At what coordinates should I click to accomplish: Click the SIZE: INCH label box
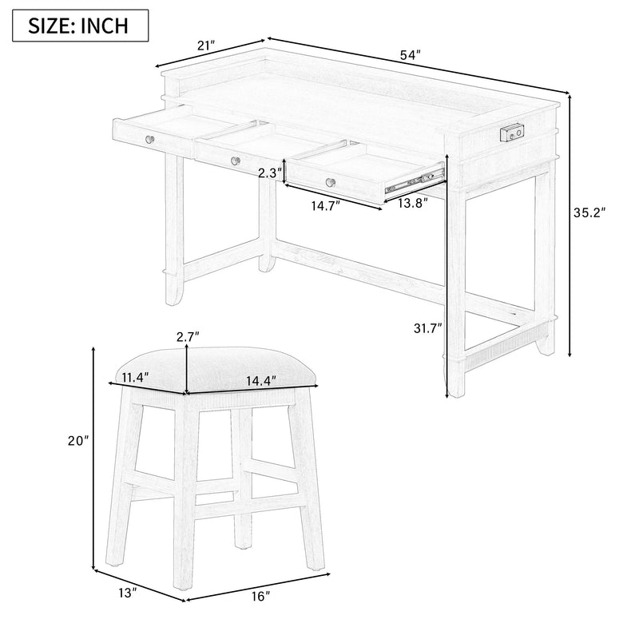pyautogui.click(x=79, y=26)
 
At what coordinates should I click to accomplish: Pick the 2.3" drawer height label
pyautogui.click(x=269, y=173)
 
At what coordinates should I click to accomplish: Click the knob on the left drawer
pyautogui.click(x=149, y=139)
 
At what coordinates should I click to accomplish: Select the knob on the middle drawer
pyautogui.click(x=234, y=161)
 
